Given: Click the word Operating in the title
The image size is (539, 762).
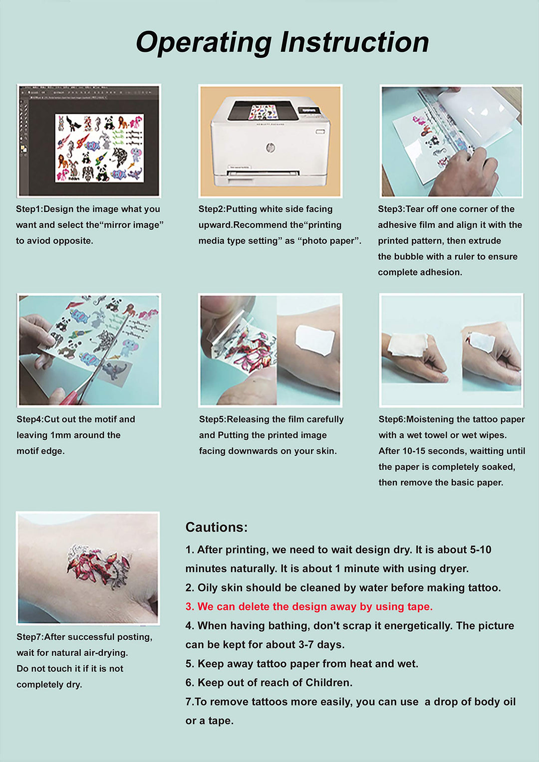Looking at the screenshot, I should (203, 43).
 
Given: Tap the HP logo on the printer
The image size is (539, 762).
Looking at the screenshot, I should (269, 148).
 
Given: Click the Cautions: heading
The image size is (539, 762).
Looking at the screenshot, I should (216, 527).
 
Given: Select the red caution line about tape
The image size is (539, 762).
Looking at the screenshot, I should (309, 606).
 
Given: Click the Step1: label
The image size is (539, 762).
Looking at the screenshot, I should (29, 209).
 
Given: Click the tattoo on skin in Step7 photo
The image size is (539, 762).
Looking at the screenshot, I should (98, 568).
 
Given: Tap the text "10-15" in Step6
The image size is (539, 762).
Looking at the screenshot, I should (414, 451).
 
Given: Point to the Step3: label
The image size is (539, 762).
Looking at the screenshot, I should (391, 209).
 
